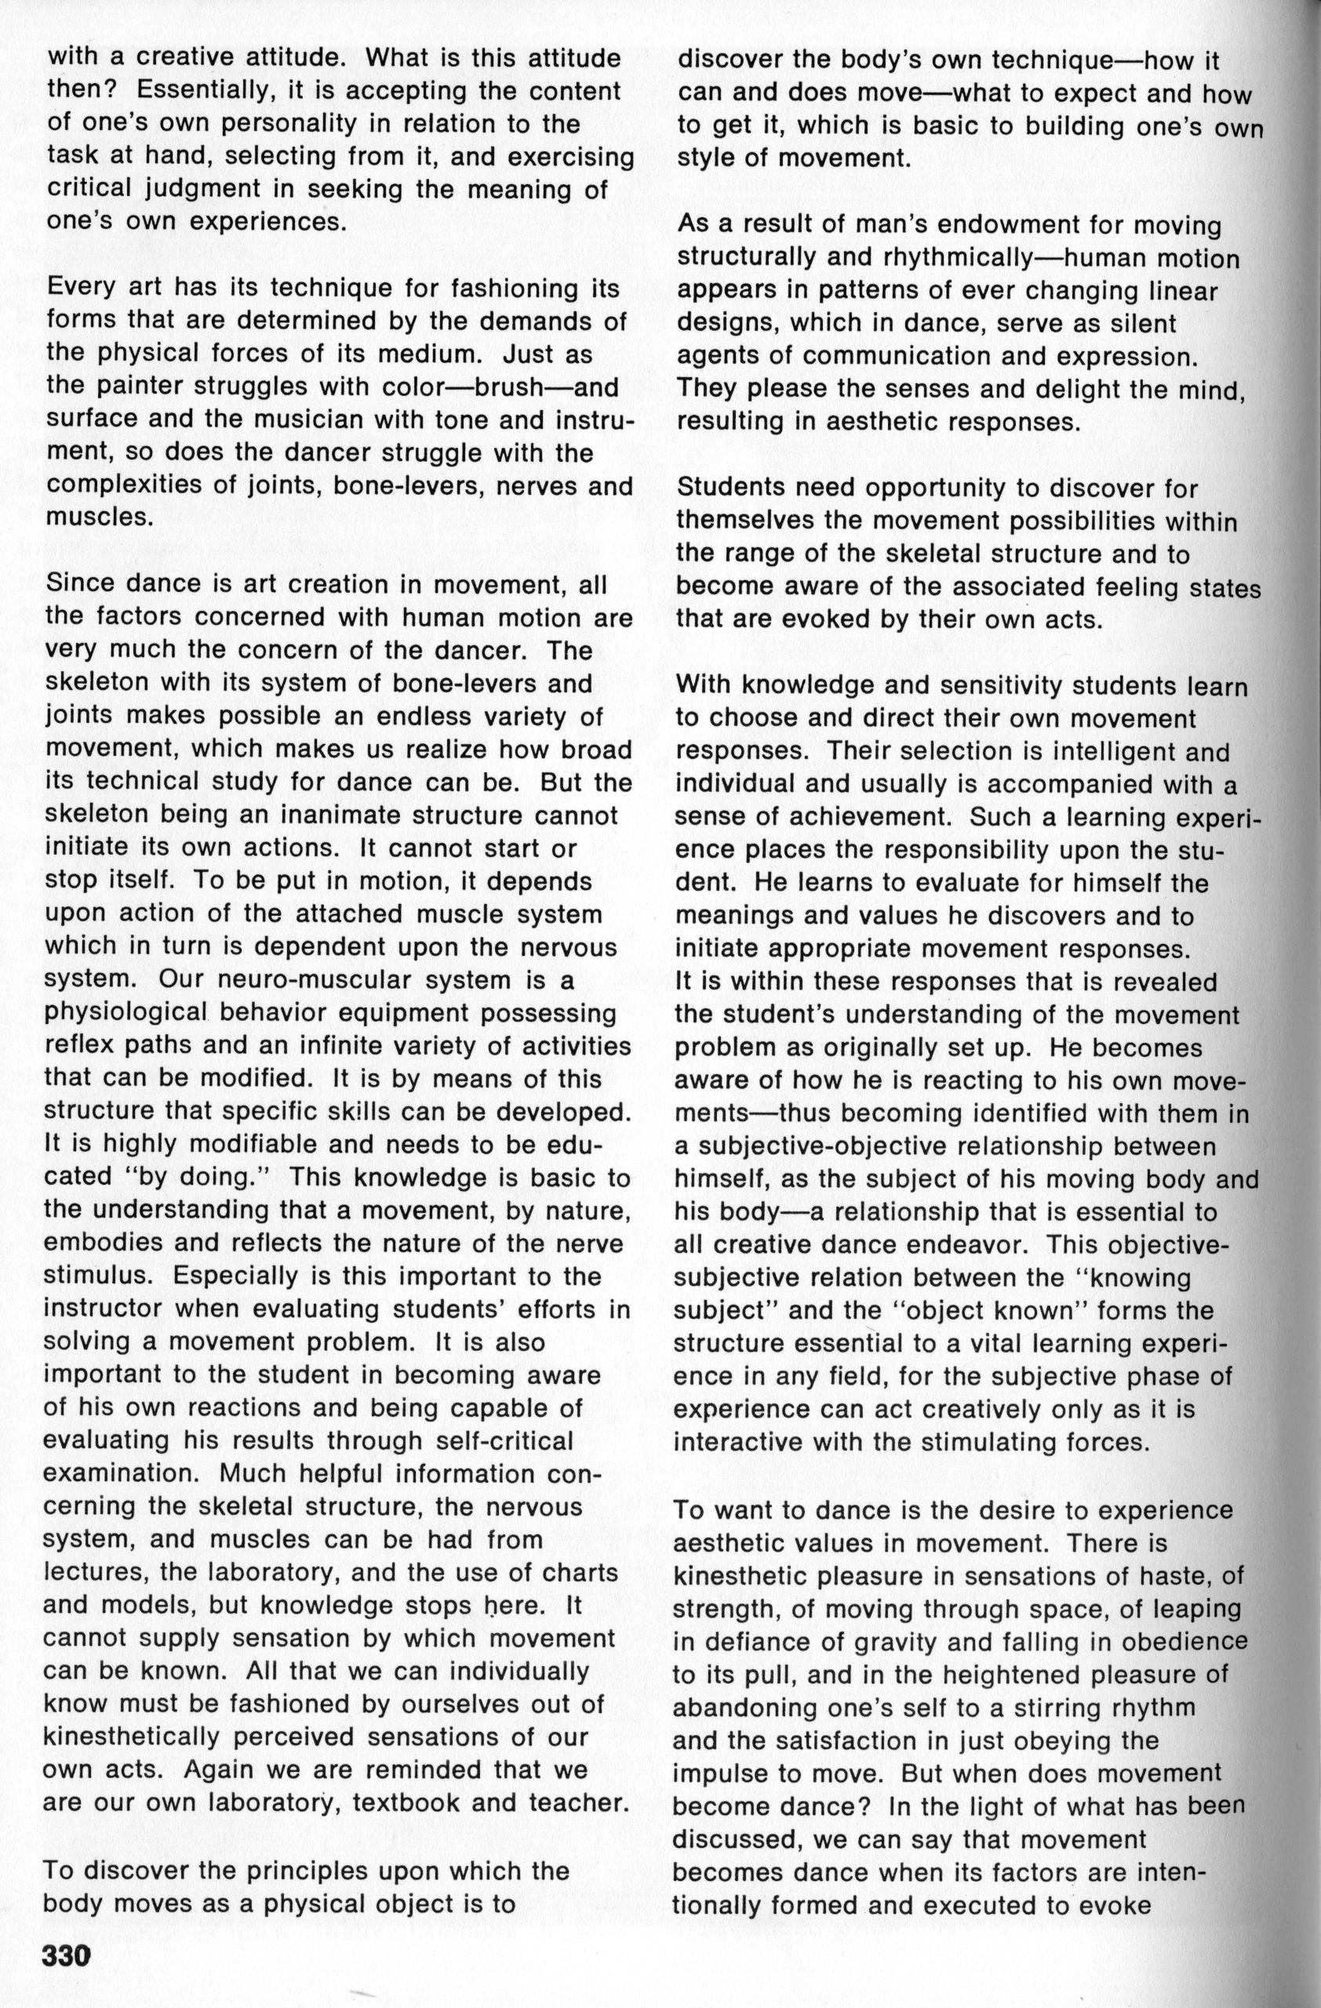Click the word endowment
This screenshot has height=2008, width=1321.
click(953, 226)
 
